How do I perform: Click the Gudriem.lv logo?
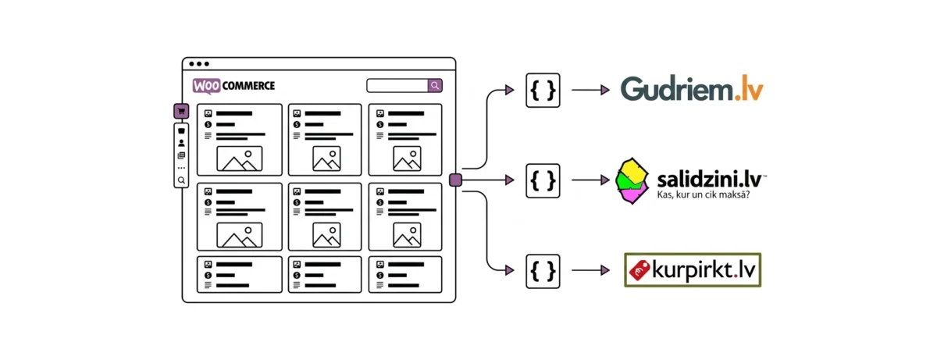(x=692, y=90)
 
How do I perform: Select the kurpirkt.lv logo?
(x=693, y=270)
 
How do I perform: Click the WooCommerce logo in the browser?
(x=233, y=86)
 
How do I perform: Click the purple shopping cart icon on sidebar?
(x=181, y=112)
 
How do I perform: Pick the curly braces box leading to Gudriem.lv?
(x=543, y=91)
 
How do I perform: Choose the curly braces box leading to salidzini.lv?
(x=543, y=180)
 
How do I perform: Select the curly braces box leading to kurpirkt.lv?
(x=543, y=270)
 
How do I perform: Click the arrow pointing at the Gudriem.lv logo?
(x=590, y=91)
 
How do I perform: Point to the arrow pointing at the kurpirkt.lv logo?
(x=590, y=270)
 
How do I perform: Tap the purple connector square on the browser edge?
(x=456, y=180)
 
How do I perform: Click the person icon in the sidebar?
(x=181, y=144)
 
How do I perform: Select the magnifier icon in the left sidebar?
(x=181, y=180)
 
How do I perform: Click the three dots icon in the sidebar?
(x=181, y=167)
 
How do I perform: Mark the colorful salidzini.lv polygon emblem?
(x=632, y=180)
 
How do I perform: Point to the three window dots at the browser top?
(x=199, y=64)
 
